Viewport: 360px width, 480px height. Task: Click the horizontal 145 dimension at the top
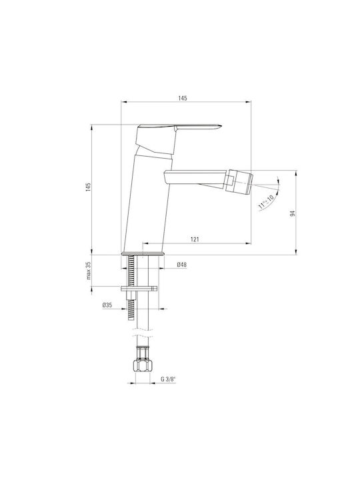183,98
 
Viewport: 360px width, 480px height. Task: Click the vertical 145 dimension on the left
89,187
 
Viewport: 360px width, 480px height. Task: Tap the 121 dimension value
195,239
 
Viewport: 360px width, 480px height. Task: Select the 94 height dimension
293,214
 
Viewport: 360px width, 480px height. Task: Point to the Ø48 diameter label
181,265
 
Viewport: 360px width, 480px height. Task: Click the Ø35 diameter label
107,305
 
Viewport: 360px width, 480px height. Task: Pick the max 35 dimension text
89,271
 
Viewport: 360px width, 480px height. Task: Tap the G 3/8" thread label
169,379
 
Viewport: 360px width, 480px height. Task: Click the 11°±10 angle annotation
266,202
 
